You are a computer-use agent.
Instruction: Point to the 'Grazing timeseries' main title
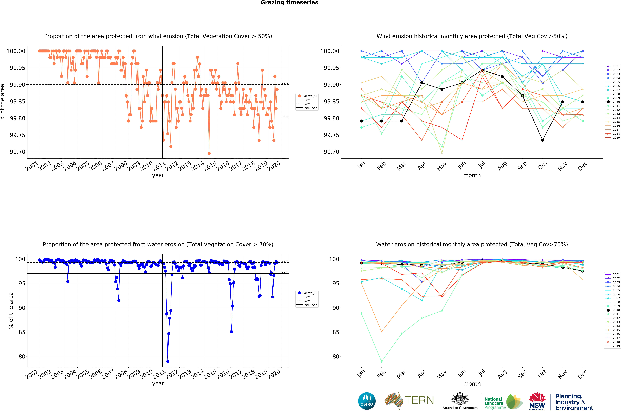pyautogui.click(x=289, y=3)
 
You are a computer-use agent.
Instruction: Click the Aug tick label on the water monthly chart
pyautogui.click(x=502, y=374)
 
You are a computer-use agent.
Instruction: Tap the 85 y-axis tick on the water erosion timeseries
pyautogui.click(x=22, y=332)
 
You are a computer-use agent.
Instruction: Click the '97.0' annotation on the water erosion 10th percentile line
pyautogui.click(x=285, y=272)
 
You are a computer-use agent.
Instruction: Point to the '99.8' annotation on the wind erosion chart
pyautogui.click(x=285, y=117)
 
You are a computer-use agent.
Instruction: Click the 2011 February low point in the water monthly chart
pyautogui.click(x=382, y=361)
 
